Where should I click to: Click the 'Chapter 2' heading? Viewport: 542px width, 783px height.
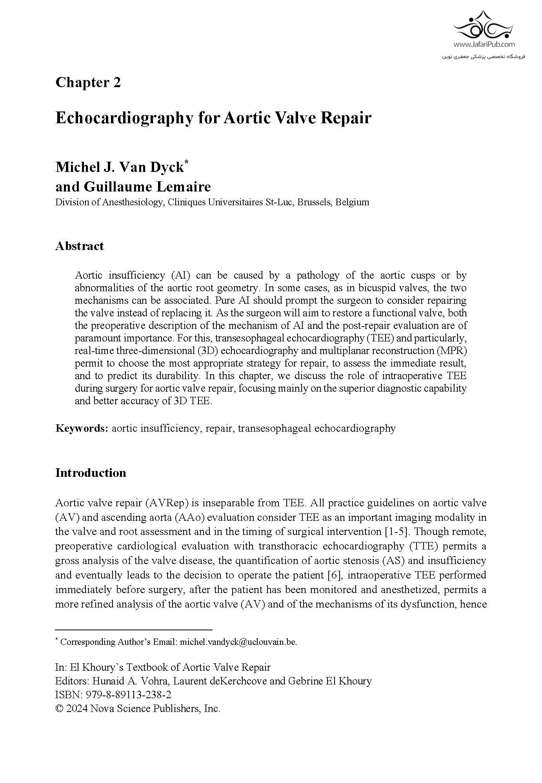point(88,83)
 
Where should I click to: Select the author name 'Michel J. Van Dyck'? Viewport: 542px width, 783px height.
point(120,167)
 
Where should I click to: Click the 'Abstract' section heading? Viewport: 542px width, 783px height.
point(80,246)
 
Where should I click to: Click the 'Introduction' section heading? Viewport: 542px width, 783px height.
point(91,473)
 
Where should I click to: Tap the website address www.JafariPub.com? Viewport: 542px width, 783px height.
point(484,45)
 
